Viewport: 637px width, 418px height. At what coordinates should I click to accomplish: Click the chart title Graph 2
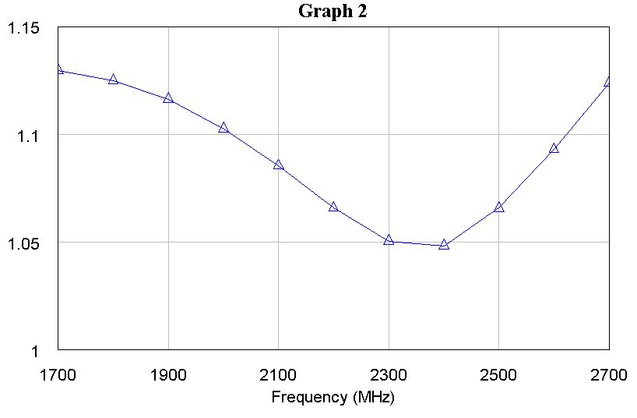pos(333,12)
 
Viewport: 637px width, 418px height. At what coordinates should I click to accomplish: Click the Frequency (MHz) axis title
pos(333,397)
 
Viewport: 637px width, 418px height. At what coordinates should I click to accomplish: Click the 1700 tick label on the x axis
pos(58,374)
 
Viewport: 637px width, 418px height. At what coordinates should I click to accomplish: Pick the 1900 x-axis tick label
pos(168,374)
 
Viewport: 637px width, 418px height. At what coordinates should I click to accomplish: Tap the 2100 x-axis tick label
pos(278,374)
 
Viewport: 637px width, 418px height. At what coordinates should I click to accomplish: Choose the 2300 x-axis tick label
pos(389,374)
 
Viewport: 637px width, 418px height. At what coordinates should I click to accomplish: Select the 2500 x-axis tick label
pos(498,374)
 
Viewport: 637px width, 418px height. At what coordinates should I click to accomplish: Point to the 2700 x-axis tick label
pos(608,374)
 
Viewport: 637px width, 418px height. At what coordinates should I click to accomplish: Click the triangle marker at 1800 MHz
pos(113,80)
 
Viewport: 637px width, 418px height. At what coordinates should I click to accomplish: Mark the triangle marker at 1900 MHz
pos(168,98)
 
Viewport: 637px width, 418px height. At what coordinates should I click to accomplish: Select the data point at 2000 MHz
pos(223,127)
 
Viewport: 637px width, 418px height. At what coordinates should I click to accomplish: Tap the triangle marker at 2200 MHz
pos(333,207)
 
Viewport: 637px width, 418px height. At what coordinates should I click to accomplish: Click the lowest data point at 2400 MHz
pos(444,244)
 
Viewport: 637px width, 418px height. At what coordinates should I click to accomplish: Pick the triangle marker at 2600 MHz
pos(554,148)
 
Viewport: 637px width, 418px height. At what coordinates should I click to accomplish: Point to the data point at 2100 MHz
pos(278,165)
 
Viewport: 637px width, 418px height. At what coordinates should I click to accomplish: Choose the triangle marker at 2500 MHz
pos(498,207)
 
